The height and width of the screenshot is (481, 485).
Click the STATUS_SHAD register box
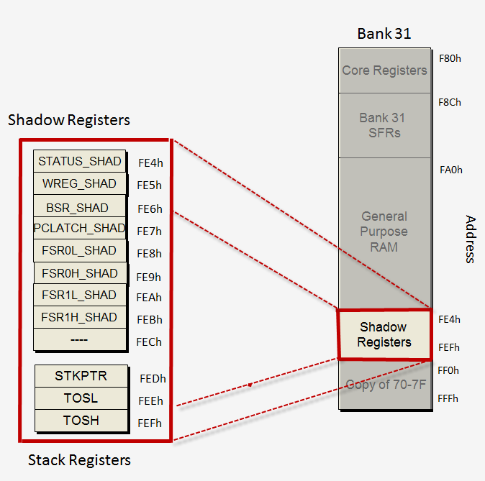(80, 161)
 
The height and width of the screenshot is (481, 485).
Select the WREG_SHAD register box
(80, 183)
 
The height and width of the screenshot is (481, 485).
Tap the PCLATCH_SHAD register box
(80, 229)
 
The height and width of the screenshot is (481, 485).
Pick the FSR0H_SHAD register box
(80, 273)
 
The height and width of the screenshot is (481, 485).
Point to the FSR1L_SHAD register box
(80, 296)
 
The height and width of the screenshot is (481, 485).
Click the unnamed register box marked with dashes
(80, 339)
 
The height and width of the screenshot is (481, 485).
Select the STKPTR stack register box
(81, 376)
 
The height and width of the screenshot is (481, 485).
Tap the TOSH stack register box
(81, 421)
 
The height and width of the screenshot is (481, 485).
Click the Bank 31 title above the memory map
(384, 34)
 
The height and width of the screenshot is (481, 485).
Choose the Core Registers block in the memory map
(384, 70)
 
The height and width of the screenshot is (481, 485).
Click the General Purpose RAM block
(384, 232)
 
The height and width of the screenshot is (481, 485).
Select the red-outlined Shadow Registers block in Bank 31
(384, 334)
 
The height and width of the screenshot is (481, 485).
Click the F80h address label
(450, 58)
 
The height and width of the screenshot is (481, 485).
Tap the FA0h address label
(450, 170)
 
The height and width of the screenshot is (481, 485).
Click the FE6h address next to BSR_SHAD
(150, 209)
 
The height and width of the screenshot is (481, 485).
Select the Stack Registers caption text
(79, 459)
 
